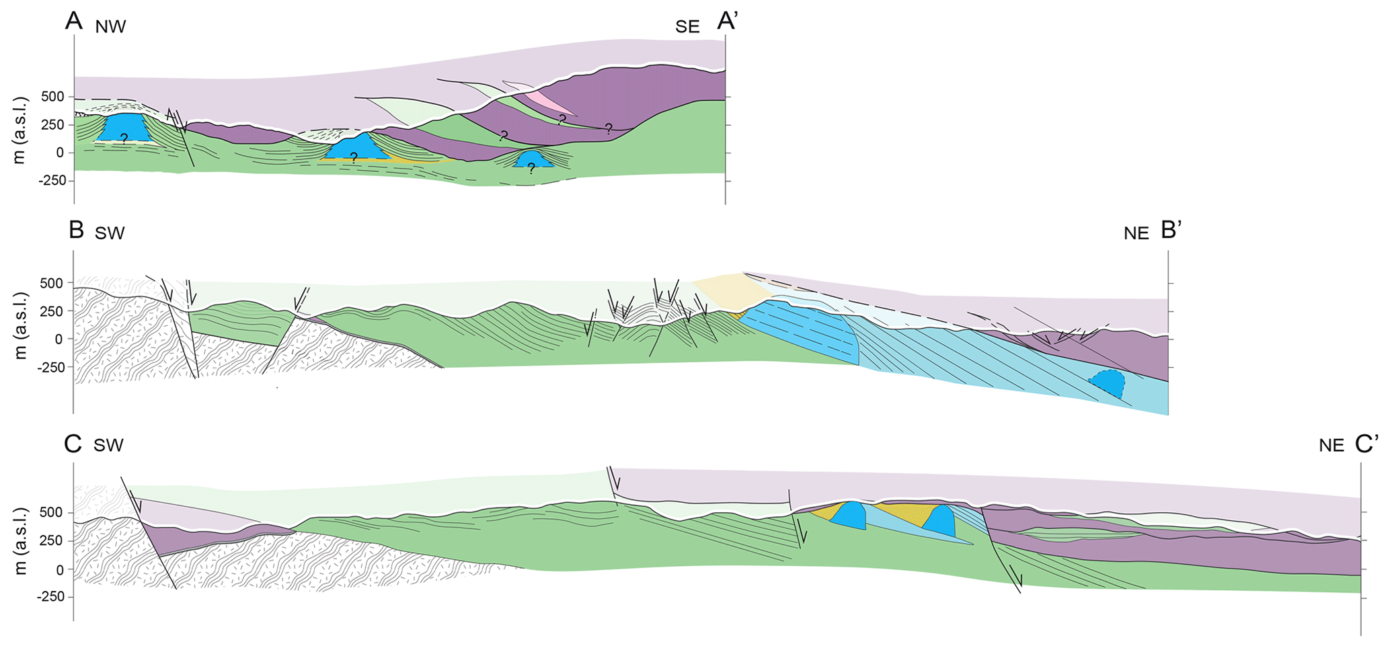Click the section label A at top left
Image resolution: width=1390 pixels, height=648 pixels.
coord(74,22)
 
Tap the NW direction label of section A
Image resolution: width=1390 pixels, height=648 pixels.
coord(111,27)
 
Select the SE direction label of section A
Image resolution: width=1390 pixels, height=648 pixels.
coord(687,27)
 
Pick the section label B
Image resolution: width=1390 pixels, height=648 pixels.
coord(76,231)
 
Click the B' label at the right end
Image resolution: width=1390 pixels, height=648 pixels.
coord(1171,231)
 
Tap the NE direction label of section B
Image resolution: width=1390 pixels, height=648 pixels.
coord(1136,234)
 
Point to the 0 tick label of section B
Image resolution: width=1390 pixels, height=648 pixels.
coord(59,339)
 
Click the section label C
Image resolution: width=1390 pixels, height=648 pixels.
coord(72,444)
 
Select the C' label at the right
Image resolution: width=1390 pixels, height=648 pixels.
coord(1367,444)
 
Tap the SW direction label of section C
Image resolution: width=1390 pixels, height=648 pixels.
coord(109,446)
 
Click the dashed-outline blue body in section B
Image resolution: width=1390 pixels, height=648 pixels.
coord(1108,384)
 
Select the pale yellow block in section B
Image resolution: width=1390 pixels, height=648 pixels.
coord(730,290)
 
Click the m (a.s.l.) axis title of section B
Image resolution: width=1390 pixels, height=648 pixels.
coord(21,325)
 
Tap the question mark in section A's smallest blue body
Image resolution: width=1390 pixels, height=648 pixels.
coord(531,169)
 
